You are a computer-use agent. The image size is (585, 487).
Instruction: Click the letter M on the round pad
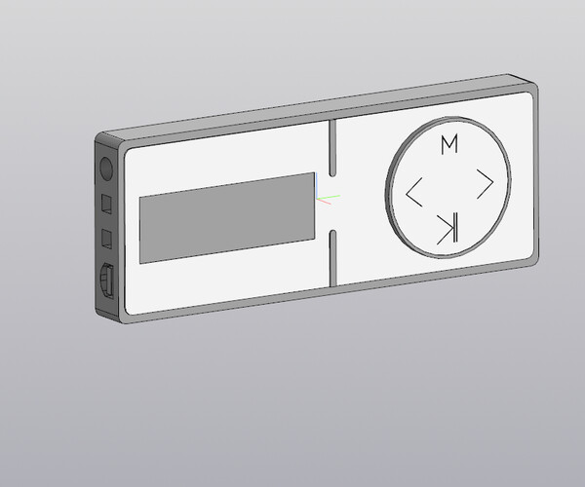pos(448,144)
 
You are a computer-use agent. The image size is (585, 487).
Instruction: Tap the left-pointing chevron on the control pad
pos(413,192)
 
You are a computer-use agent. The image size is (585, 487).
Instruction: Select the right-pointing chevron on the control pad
pos(484,181)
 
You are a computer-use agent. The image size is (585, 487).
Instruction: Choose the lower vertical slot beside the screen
pos(333,258)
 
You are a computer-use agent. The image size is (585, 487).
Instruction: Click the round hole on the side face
pos(107,168)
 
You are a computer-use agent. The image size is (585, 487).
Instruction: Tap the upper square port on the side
pos(108,204)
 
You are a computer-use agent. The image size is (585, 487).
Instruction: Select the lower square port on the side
pos(108,239)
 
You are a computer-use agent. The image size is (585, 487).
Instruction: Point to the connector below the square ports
pos(107,281)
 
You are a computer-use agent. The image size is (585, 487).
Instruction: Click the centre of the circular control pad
pos(448,187)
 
